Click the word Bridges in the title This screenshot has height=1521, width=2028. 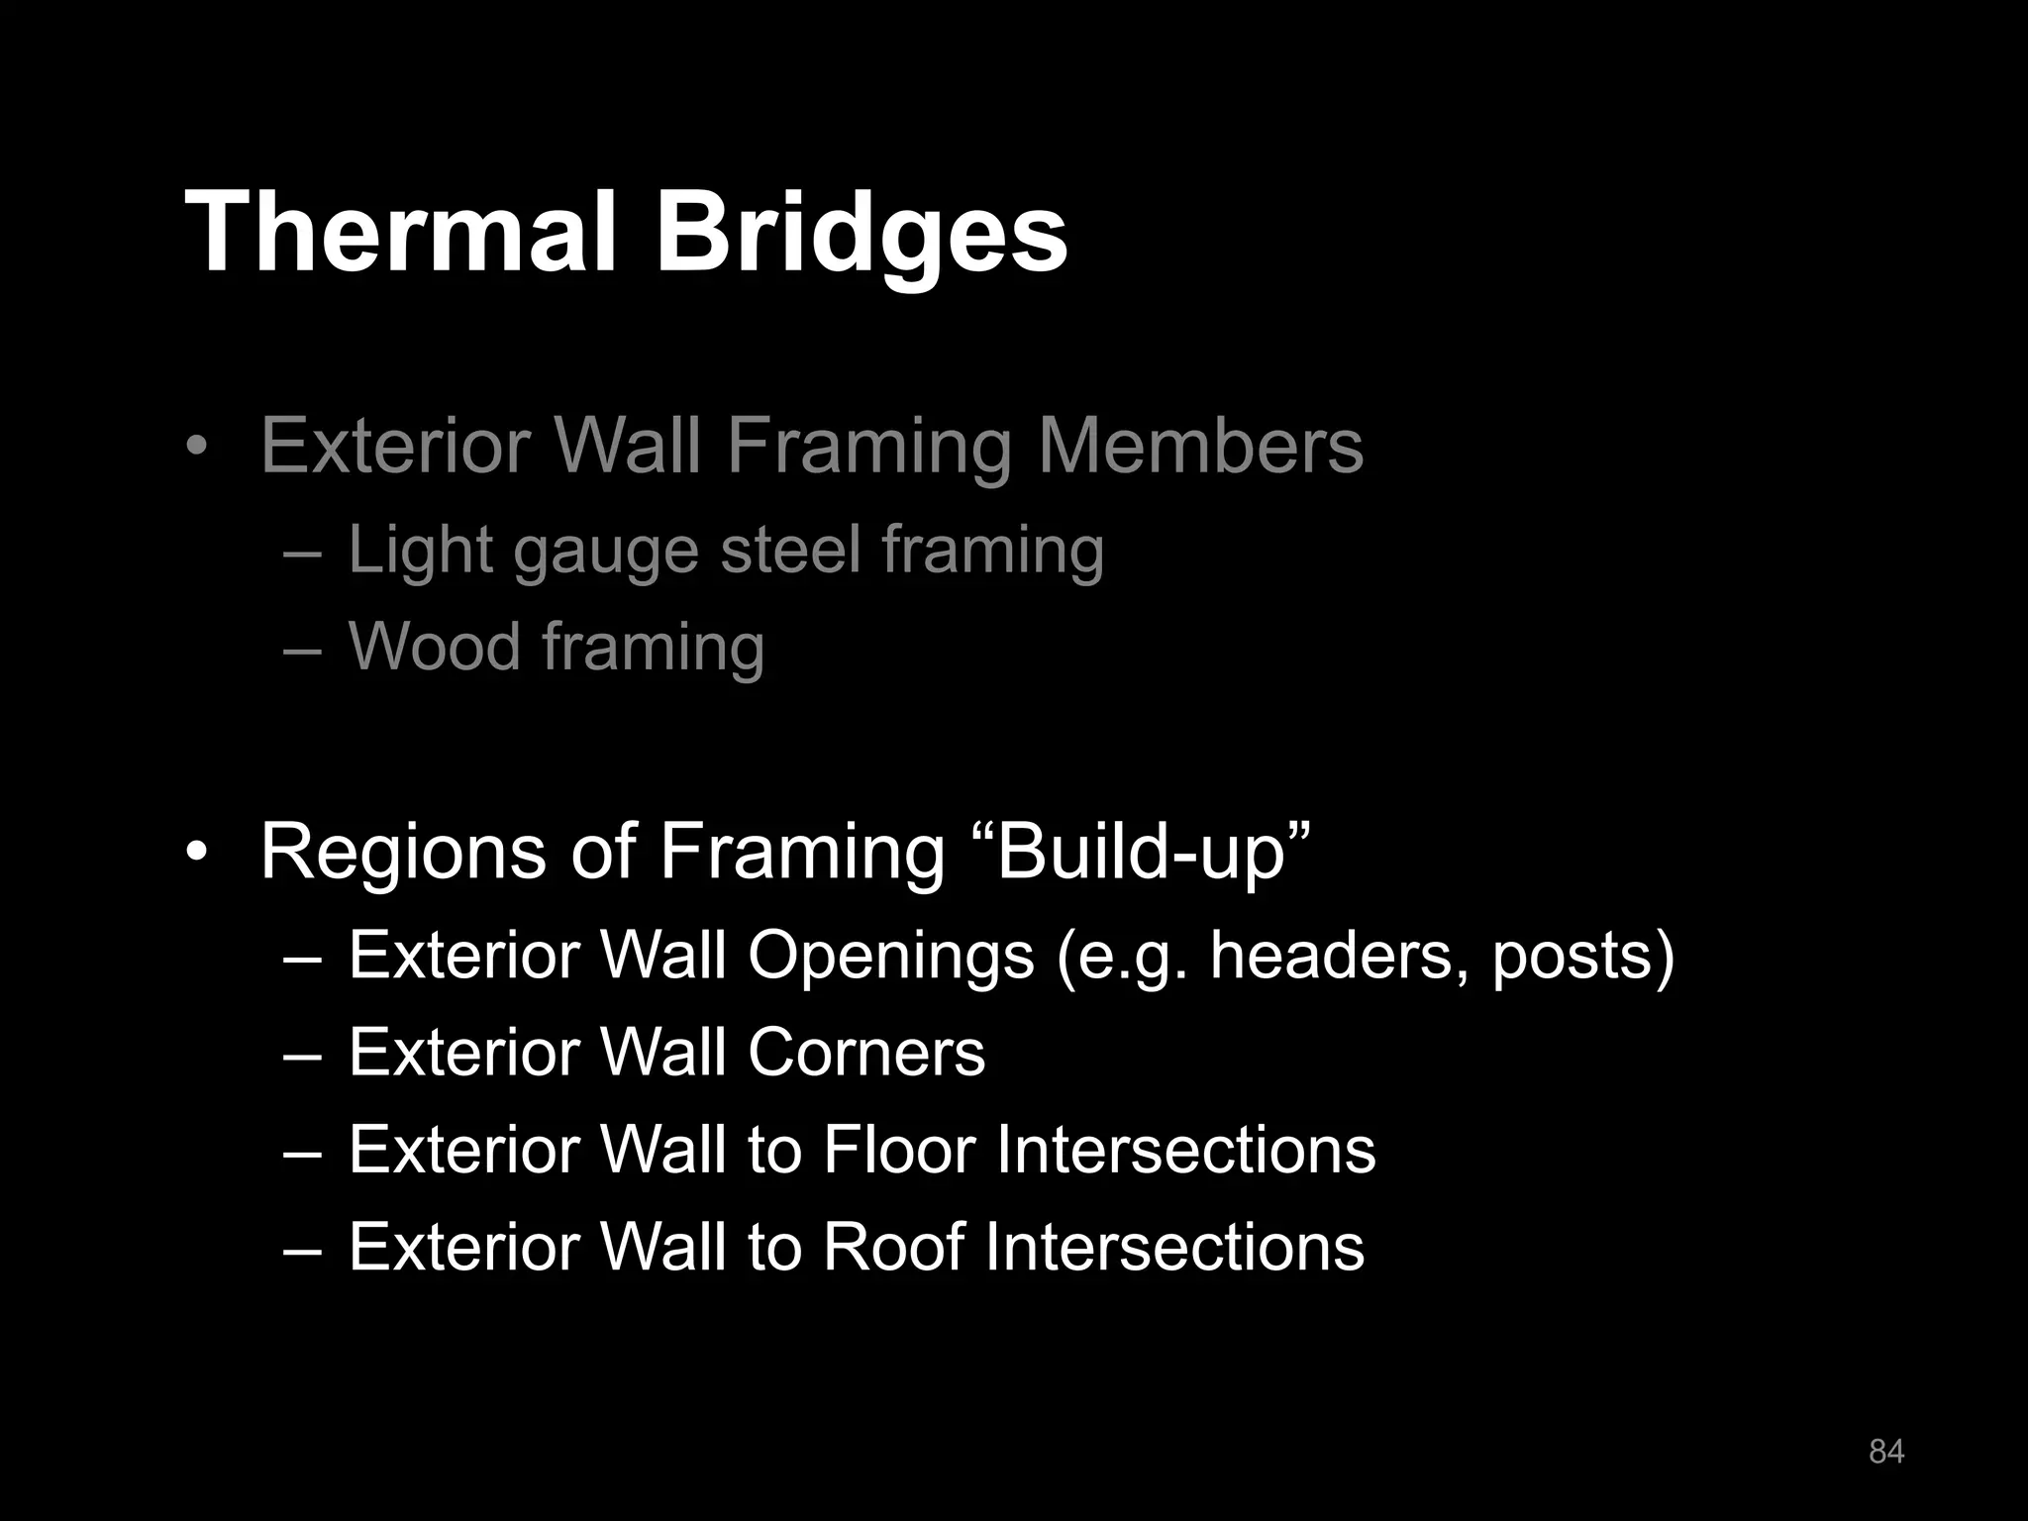click(861, 234)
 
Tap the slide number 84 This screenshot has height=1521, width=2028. click(1885, 1452)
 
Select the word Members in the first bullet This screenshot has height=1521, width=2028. click(1201, 446)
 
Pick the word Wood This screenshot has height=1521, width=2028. click(434, 646)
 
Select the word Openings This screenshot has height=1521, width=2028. click(890, 956)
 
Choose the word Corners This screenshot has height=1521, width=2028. click(866, 1052)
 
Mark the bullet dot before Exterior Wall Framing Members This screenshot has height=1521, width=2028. click(197, 447)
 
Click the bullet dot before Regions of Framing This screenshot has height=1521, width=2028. click(197, 853)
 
